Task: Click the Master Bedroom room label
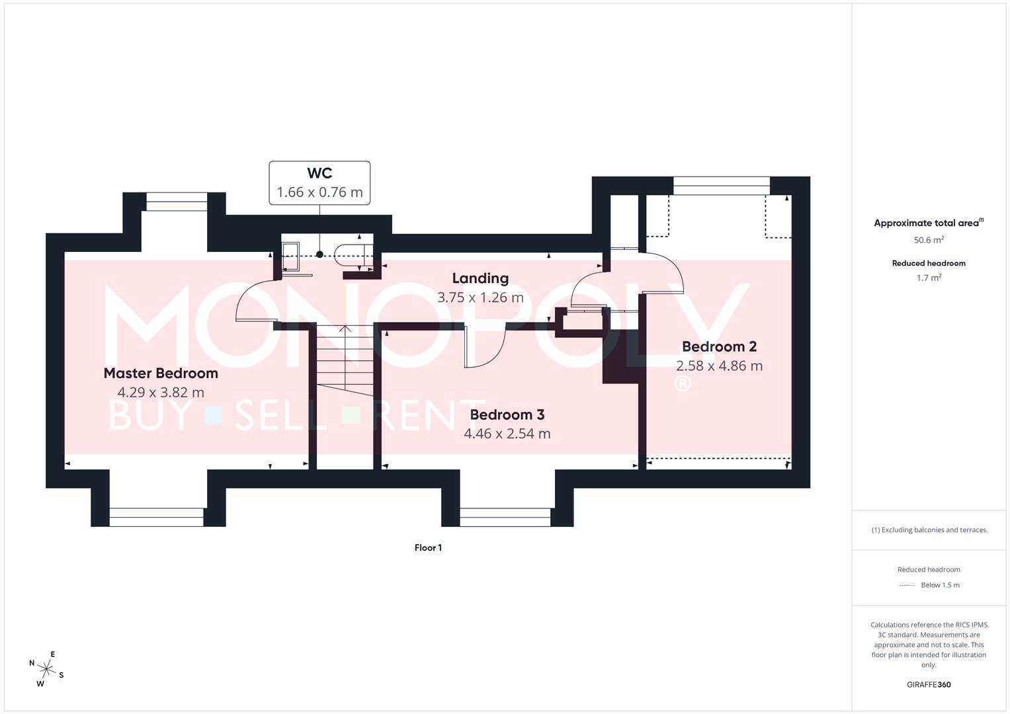tap(161, 374)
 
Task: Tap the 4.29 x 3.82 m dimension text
tap(161, 393)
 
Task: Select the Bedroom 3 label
tap(507, 415)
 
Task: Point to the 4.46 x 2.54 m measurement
tap(507, 434)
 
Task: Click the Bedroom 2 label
tap(719, 347)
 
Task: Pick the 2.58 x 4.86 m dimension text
tap(719, 366)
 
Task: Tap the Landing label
tap(480, 278)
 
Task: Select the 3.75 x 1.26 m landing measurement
tap(480, 298)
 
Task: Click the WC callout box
tap(319, 183)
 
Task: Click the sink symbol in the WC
tap(290, 256)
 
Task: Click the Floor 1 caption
tap(428, 548)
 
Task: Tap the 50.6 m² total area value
tap(929, 241)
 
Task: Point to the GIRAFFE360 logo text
tap(929, 685)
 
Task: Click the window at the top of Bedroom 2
tap(721, 186)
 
